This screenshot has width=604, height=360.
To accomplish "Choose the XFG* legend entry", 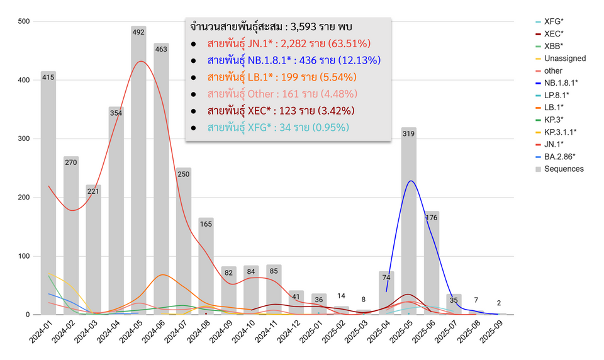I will [554, 21].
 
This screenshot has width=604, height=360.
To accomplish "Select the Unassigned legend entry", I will [564, 58].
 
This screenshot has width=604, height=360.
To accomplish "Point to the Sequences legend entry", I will [564, 169].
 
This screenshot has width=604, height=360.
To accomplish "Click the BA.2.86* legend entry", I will [559, 156].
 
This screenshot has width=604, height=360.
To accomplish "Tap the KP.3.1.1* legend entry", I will [560, 132].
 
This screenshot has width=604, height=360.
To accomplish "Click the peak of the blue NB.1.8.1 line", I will [410, 181].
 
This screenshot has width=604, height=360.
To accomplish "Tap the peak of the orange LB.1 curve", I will [163, 274].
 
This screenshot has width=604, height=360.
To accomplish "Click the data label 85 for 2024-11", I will [274, 271].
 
